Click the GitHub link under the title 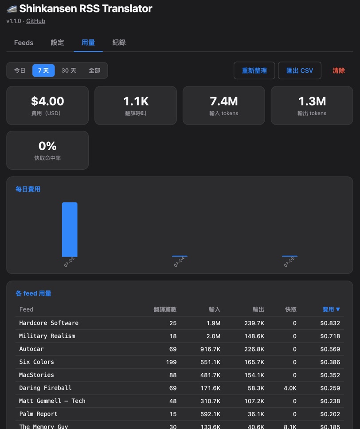35,21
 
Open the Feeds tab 23,43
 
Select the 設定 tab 57,43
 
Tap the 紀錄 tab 119,43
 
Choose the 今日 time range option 20,70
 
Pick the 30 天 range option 69,70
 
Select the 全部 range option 94,70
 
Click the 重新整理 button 254,70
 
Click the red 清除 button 339,70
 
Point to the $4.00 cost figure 47,101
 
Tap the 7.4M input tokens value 223,101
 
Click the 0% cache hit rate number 47,146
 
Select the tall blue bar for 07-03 70,230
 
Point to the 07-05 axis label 289,262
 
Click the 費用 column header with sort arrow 331,309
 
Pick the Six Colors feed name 36,362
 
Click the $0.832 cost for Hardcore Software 330,323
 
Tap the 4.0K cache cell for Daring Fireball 290,388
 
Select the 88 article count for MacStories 173,375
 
